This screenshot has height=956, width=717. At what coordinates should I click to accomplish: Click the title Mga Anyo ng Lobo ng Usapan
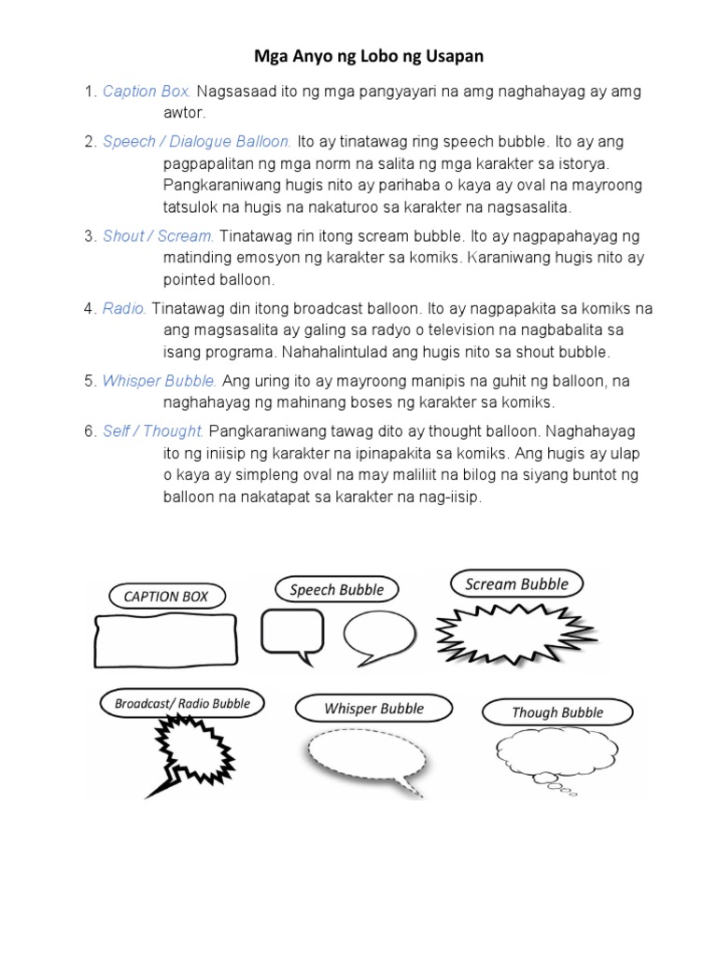click(x=369, y=57)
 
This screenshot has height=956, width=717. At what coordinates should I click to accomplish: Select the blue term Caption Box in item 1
click(x=147, y=91)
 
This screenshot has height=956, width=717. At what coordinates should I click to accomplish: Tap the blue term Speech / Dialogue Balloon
click(x=197, y=142)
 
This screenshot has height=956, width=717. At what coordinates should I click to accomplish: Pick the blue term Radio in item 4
click(x=124, y=308)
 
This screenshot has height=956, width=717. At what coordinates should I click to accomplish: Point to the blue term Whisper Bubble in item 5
click(x=160, y=381)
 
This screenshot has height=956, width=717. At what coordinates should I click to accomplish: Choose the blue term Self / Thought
click(x=153, y=431)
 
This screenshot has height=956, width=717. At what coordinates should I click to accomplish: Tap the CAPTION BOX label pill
click(x=166, y=596)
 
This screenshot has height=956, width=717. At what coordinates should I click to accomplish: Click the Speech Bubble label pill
click(x=336, y=589)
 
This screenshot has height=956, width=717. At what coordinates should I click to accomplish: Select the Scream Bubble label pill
click(x=516, y=584)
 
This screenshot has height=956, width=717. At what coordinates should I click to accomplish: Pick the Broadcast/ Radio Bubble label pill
click(x=182, y=703)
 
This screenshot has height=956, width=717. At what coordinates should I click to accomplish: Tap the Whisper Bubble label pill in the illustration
click(x=373, y=709)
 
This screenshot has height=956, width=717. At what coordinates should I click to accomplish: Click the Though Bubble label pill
click(x=557, y=712)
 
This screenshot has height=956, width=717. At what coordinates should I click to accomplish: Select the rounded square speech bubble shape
click(x=291, y=632)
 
